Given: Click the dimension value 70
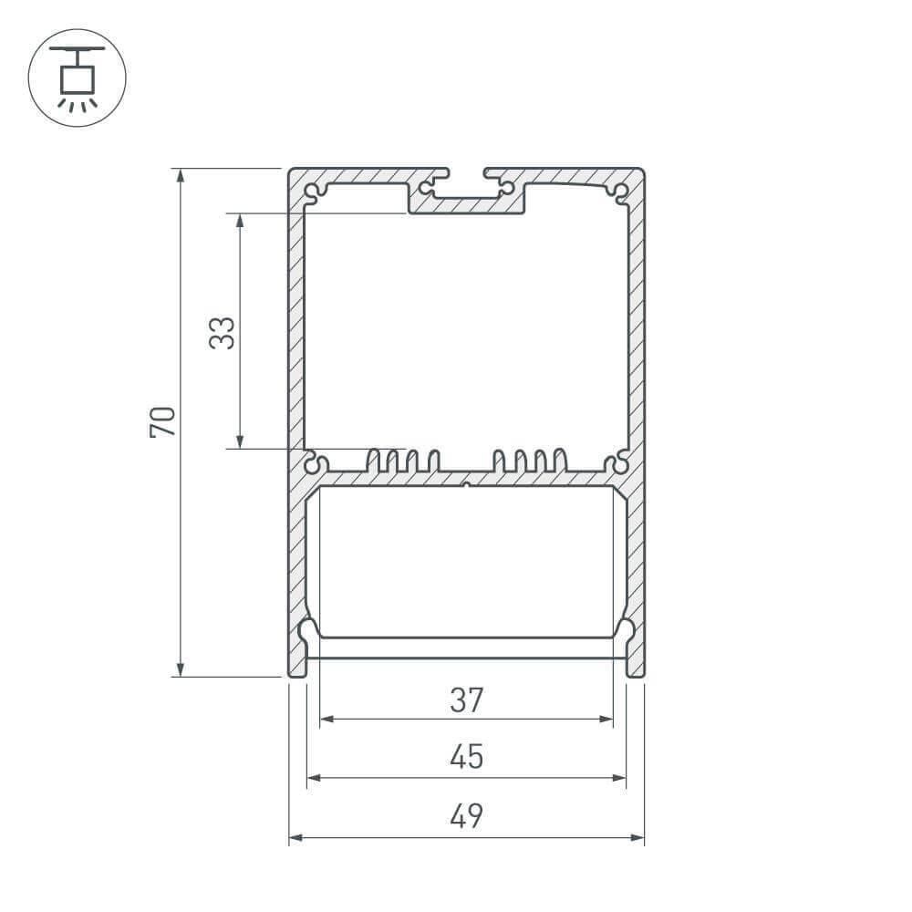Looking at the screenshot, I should coord(162,421).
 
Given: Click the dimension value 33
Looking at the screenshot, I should coord(223,332).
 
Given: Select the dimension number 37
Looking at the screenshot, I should coord(466,700).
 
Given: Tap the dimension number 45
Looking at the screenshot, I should coord(466,758).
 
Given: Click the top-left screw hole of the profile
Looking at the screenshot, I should coord(315,193).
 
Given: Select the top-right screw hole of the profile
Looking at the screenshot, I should coord(620,192).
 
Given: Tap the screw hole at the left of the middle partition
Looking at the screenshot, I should coord(316,464).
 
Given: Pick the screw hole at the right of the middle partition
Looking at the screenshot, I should coord(618,464).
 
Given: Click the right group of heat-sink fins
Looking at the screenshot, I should coord(530,460).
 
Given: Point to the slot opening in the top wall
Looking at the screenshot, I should coord(466,173).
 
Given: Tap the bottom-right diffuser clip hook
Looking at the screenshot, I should coord(627,634).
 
